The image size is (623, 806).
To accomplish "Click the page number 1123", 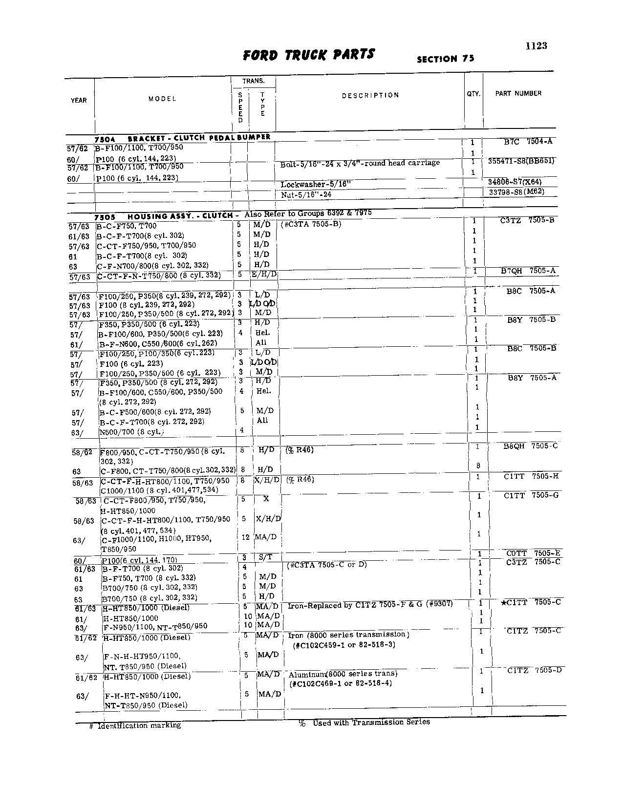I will click(536, 46).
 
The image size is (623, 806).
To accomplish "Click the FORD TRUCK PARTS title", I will click(309, 54).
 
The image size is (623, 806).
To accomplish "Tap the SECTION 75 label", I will click(445, 59).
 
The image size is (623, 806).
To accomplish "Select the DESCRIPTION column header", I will click(370, 95).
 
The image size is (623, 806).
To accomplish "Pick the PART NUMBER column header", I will click(518, 93).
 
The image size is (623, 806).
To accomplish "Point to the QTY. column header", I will click(473, 93).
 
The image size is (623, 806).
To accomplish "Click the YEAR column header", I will click(79, 101).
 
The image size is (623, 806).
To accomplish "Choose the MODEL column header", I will click(162, 99).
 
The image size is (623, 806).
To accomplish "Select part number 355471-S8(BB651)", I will click(521, 161).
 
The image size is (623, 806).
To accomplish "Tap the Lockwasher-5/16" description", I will click(316, 184).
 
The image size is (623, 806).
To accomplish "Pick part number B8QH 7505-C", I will click(530, 446).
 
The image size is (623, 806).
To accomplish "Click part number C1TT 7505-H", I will click(531, 476).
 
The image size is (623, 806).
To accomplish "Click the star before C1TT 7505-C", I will click(503, 603).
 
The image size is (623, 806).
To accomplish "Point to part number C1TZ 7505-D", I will click(534, 670).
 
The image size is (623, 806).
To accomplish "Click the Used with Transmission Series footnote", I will click(371, 722).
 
